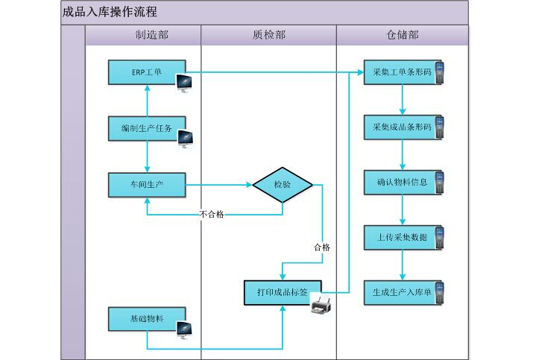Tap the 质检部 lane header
[268, 35]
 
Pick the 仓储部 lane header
[403, 35]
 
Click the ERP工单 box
[146, 72]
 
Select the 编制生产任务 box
[146, 128]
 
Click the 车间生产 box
[146, 184]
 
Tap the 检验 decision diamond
[282, 184]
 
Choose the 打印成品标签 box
[282, 292]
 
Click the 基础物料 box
[146, 318]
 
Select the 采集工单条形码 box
[402, 72]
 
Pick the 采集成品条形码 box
[402, 127]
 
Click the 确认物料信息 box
[402, 183]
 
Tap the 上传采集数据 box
[402, 238]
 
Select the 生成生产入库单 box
[402, 292]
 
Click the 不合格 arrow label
[212, 214]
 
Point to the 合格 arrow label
[322, 247]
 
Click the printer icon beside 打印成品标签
[321, 305]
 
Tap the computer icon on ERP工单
[184, 83]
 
